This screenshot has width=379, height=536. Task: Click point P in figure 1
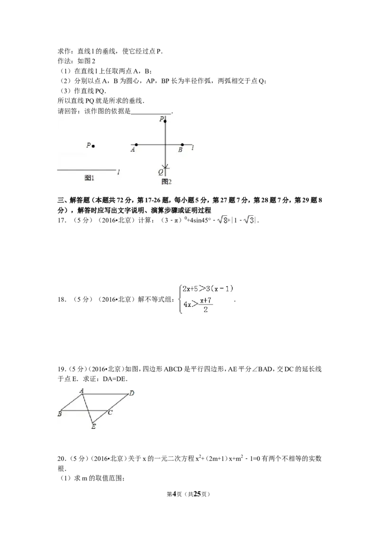(x=93, y=146)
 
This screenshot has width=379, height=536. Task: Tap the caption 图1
(x=90, y=178)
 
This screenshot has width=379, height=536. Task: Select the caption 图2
(x=166, y=182)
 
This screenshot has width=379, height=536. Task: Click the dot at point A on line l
(x=136, y=144)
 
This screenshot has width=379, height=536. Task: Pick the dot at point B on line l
(x=182, y=144)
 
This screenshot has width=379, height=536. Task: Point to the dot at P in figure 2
(x=165, y=121)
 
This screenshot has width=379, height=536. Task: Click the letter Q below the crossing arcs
(x=161, y=171)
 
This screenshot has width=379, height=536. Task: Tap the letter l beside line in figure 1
(x=118, y=172)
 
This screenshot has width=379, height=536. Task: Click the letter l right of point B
(x=192, y=148)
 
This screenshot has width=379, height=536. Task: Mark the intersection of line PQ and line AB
(x=165, y=144)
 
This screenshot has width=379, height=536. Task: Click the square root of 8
(x=223, y=220)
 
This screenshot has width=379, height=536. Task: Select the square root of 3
(x=249, y=220)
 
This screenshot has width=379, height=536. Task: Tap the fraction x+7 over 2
(x=206, y=305)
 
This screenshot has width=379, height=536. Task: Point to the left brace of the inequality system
(x=179, y=299)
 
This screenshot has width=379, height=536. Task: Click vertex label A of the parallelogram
(x=81, y=391)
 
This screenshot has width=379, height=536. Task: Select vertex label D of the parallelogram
(x=132, y=393)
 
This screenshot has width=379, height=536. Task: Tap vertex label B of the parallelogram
(x=60, y=414)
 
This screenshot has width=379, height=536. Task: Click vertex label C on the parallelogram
(x=110, y=413)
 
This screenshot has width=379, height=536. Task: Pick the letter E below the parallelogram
(x=93, y=427)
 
